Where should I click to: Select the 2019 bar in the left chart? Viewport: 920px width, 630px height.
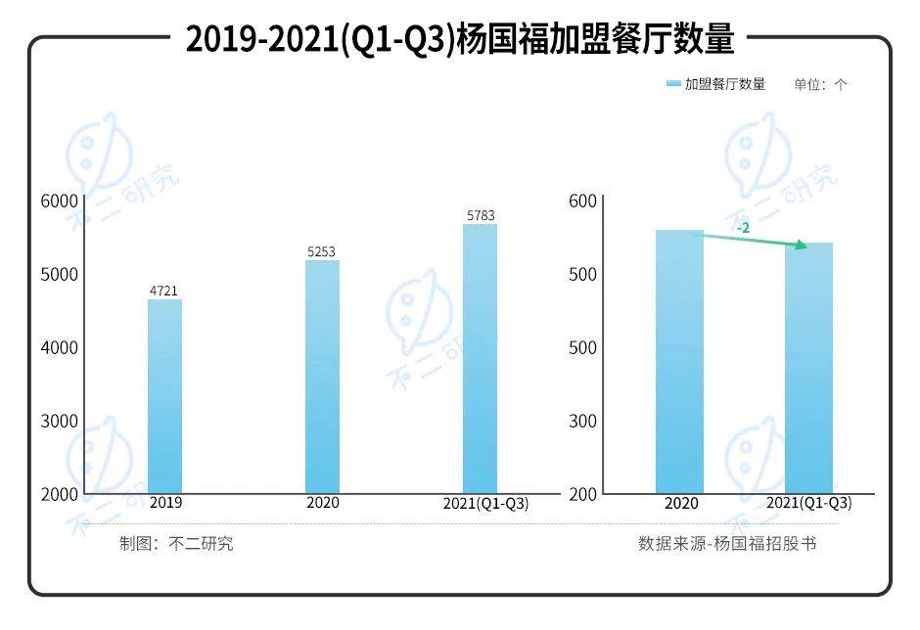pos(164,395)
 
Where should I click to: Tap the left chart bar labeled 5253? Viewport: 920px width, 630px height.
pos(321,376)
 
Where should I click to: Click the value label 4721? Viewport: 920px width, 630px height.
pos(163,290)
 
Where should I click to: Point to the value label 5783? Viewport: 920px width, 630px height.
pos(480,214)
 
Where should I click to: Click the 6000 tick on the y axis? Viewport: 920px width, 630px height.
pos(59,201)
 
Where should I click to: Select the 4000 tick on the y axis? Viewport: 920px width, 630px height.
pos(59,347)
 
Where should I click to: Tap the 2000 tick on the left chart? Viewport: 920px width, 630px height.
pos(59,494)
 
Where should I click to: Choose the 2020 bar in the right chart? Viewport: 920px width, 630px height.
pos(679,361)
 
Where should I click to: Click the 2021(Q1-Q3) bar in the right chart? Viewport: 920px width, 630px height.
pos(808,368)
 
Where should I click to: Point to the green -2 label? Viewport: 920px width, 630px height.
pos(744,227)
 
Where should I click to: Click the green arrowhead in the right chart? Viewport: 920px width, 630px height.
pos(802,246)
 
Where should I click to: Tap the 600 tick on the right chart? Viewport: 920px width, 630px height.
pos(582,201)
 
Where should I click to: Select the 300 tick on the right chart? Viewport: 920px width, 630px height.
pos(582,421)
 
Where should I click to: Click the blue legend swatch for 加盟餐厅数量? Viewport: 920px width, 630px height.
pos(672,84)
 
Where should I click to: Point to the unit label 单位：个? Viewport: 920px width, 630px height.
pos(820,84)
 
